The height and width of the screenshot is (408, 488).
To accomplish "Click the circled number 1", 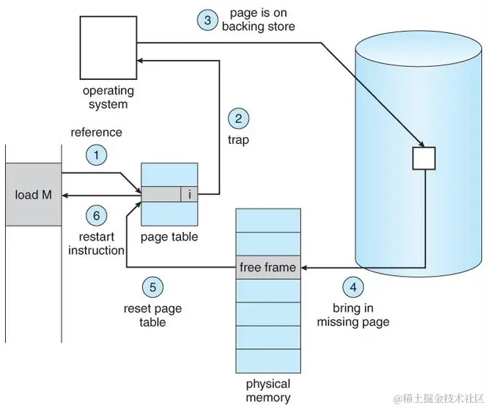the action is coord(97,155).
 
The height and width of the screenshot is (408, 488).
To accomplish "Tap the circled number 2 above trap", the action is coord(238,119).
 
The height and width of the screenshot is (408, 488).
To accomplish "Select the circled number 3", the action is coord(207,21).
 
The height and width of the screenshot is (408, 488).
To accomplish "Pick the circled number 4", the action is coord(353,287).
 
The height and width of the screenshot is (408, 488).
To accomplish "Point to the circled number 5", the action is coord(152,287).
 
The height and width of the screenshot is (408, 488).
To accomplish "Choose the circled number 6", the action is coord(97,216).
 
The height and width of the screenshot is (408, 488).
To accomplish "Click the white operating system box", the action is coord(108,48).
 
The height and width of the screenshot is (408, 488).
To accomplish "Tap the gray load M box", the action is coord(34,194).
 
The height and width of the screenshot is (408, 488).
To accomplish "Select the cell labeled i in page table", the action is coord(189,194).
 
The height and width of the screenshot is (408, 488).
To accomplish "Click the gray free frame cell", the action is coord(268,267).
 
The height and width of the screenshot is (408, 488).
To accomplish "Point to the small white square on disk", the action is coord(424,159).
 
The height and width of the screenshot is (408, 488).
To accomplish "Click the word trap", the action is coord(238,139).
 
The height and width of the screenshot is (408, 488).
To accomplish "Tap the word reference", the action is coord(97,132).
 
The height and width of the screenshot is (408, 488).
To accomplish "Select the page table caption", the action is coord(169,237).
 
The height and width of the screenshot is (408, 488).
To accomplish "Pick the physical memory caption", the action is coord(268,390).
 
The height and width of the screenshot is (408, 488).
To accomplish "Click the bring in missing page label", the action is coord(353,315).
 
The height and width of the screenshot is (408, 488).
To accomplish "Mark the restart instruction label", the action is coord(97,244).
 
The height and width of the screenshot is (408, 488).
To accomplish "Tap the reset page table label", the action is coord(152,315).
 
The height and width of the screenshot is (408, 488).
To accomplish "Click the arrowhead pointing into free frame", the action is coord(304,268).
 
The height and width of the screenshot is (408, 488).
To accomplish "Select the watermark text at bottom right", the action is coord(439,398).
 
